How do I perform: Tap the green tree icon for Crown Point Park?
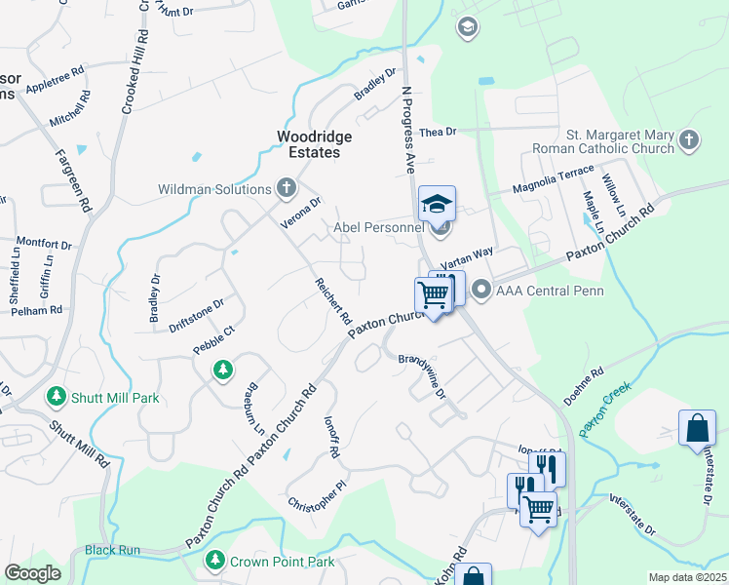[x=215, y=561]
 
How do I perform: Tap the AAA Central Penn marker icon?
[x=480, y=290]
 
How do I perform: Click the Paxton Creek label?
[x=605, y=409]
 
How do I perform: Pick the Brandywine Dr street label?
[x=421, y=375]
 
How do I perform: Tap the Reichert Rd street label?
[x=333, y=301]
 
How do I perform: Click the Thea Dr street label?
[x=438, y=132]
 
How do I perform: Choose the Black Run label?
[x=113, y=550]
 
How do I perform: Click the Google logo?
[x=33, y=572]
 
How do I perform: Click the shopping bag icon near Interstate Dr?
[x=697, y=427]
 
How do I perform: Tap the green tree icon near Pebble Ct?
[x=224, y=370]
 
